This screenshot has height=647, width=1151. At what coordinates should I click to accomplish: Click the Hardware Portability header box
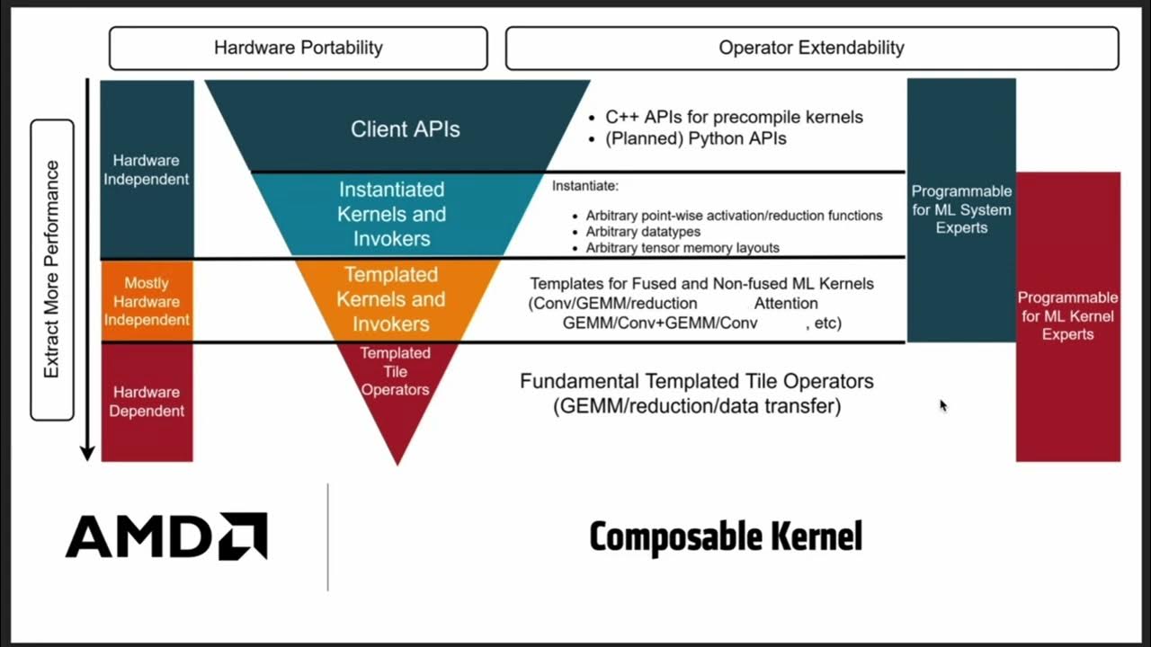pyautogui.click(x=298, y=49)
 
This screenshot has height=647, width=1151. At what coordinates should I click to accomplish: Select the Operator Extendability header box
pyautogui.click(x=811, y=49)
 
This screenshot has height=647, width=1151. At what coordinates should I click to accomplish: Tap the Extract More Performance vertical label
pyautogui.click(x=52, y=270)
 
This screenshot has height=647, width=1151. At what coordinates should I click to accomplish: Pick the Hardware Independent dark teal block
pyautogui.click(x=147, y=170)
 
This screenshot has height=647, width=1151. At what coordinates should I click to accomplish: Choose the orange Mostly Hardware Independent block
pyautogui.click(x=147, y=301)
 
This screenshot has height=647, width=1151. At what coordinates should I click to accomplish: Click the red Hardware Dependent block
pyautogui.click(x=147, y=402)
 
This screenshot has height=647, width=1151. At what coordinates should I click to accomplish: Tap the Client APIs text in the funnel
pyautogui.click(x=405, y=129)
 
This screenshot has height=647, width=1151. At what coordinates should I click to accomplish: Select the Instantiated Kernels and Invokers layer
pyautogui.click(x=391, y=215)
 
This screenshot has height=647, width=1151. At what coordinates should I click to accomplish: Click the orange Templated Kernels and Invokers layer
pyautogui.click(x=391, y=299)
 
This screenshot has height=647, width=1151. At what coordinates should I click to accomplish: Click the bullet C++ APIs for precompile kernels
pyautogui.click(x=733, y=117)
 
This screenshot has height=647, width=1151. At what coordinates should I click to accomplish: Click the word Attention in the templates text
pyautogui.click(x=786, y=304)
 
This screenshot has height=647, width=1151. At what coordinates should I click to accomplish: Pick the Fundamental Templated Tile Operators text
pyautogui.click(x=697, y=382)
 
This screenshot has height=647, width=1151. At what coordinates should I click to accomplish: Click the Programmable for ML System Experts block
pyautogui.click(x=961, y=209)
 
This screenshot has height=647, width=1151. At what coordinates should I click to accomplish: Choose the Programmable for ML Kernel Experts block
pyautogui.click(x=1067, y=316)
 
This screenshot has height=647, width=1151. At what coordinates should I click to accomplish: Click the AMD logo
pyautogui.click(x=166, y=536)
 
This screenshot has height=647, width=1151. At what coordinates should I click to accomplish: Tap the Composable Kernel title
pyautogui.click(x=726, y=537)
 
